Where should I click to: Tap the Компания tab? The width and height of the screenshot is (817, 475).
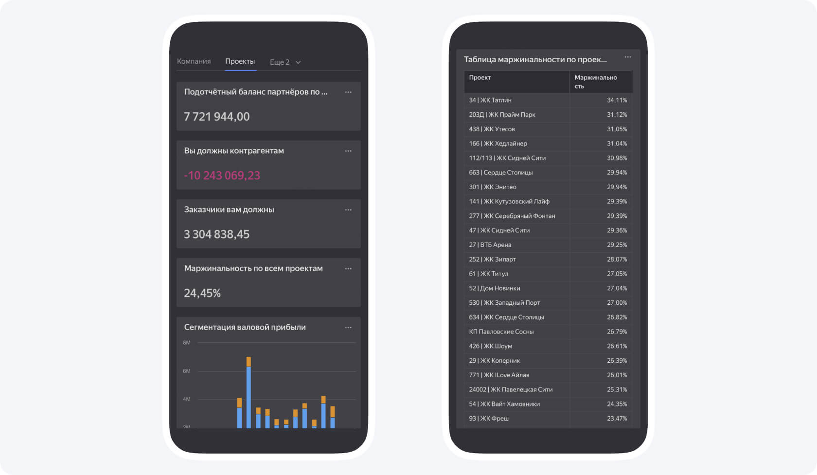click(x=194, y=61)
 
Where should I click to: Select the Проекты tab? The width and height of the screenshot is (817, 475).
click(x=240, y=61)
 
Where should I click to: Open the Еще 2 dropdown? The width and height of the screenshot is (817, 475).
click(x=285, y=62)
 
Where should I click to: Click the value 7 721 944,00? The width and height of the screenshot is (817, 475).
click(x=217, y=117)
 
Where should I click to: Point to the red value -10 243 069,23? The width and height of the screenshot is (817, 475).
click(x=222, y=176)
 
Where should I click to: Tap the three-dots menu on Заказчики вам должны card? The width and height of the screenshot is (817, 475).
click(x=348, y=210)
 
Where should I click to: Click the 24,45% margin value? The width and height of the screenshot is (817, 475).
click(x=202, y=293)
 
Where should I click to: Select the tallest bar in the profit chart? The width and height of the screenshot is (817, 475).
click(x=249, y=394)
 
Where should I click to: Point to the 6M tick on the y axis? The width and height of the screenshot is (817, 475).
click(x=187, y=371)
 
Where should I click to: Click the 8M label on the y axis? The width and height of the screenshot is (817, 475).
click(x=187, y=343)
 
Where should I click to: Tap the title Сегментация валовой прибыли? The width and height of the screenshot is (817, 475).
click(x=245, y=327)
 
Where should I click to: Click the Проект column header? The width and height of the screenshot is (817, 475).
click(x=480, y=78)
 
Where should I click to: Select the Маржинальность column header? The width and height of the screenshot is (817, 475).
click(x=595, y=82)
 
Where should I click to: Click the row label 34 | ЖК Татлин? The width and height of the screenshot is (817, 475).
click(x=490, y=100)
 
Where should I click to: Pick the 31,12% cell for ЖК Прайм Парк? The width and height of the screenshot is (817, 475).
click(x=617, y=115)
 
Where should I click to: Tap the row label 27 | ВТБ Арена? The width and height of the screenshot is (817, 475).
click(x=490, y=245)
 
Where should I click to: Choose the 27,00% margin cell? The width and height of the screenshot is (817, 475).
click(x=617, y=303)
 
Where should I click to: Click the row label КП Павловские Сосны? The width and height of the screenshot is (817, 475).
click(x=501, y=332)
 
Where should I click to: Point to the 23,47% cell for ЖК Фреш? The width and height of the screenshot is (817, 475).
click(x=617, y=419)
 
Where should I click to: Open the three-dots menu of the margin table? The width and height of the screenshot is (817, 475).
click(x=628, y=57)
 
